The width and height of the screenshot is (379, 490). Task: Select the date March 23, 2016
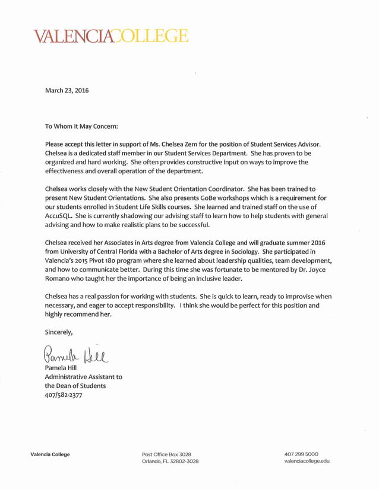click(x=67, y=91)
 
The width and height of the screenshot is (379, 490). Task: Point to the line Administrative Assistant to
click(x=84, y=377)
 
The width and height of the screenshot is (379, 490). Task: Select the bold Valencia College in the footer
click(x=50, y=454)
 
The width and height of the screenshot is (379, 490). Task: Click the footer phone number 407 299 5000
click(x=301, y=454)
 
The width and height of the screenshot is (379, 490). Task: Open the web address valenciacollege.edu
click(x=307, y=461)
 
